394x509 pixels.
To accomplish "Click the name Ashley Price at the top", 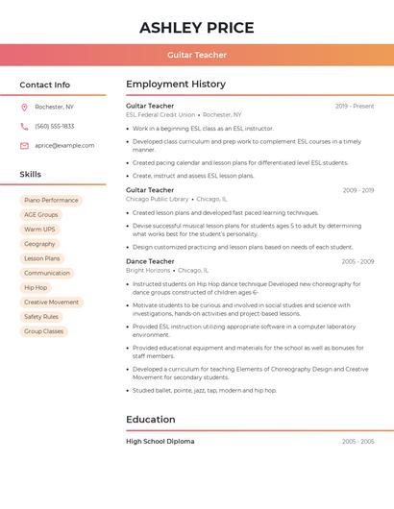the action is point(197,27).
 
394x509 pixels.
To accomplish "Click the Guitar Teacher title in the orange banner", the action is point(197,55).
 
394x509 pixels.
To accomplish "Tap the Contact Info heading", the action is point(45,85).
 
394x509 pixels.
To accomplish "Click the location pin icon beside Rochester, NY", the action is point(24,107).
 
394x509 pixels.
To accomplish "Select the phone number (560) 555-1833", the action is point(54,126).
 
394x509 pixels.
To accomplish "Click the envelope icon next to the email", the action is point(24,145).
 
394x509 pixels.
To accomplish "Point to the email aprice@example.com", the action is point(64,145).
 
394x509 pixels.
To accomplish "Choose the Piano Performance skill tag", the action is point(51,201).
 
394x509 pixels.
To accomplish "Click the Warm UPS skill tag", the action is point(39,230).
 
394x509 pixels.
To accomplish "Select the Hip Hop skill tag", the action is point(36,287).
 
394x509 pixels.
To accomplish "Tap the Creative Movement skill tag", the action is point(51,303).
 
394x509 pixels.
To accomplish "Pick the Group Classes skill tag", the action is point(43,331).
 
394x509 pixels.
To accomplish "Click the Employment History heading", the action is point(176,85).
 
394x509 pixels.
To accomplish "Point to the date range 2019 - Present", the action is point(355,106).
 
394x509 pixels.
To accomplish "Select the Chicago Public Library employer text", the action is point(158,199).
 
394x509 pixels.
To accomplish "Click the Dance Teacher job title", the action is point(150,261).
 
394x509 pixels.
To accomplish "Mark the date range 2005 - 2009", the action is point(357,261).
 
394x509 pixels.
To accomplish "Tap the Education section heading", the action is point(151,420).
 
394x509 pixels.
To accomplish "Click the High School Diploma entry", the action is point(160,442).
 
